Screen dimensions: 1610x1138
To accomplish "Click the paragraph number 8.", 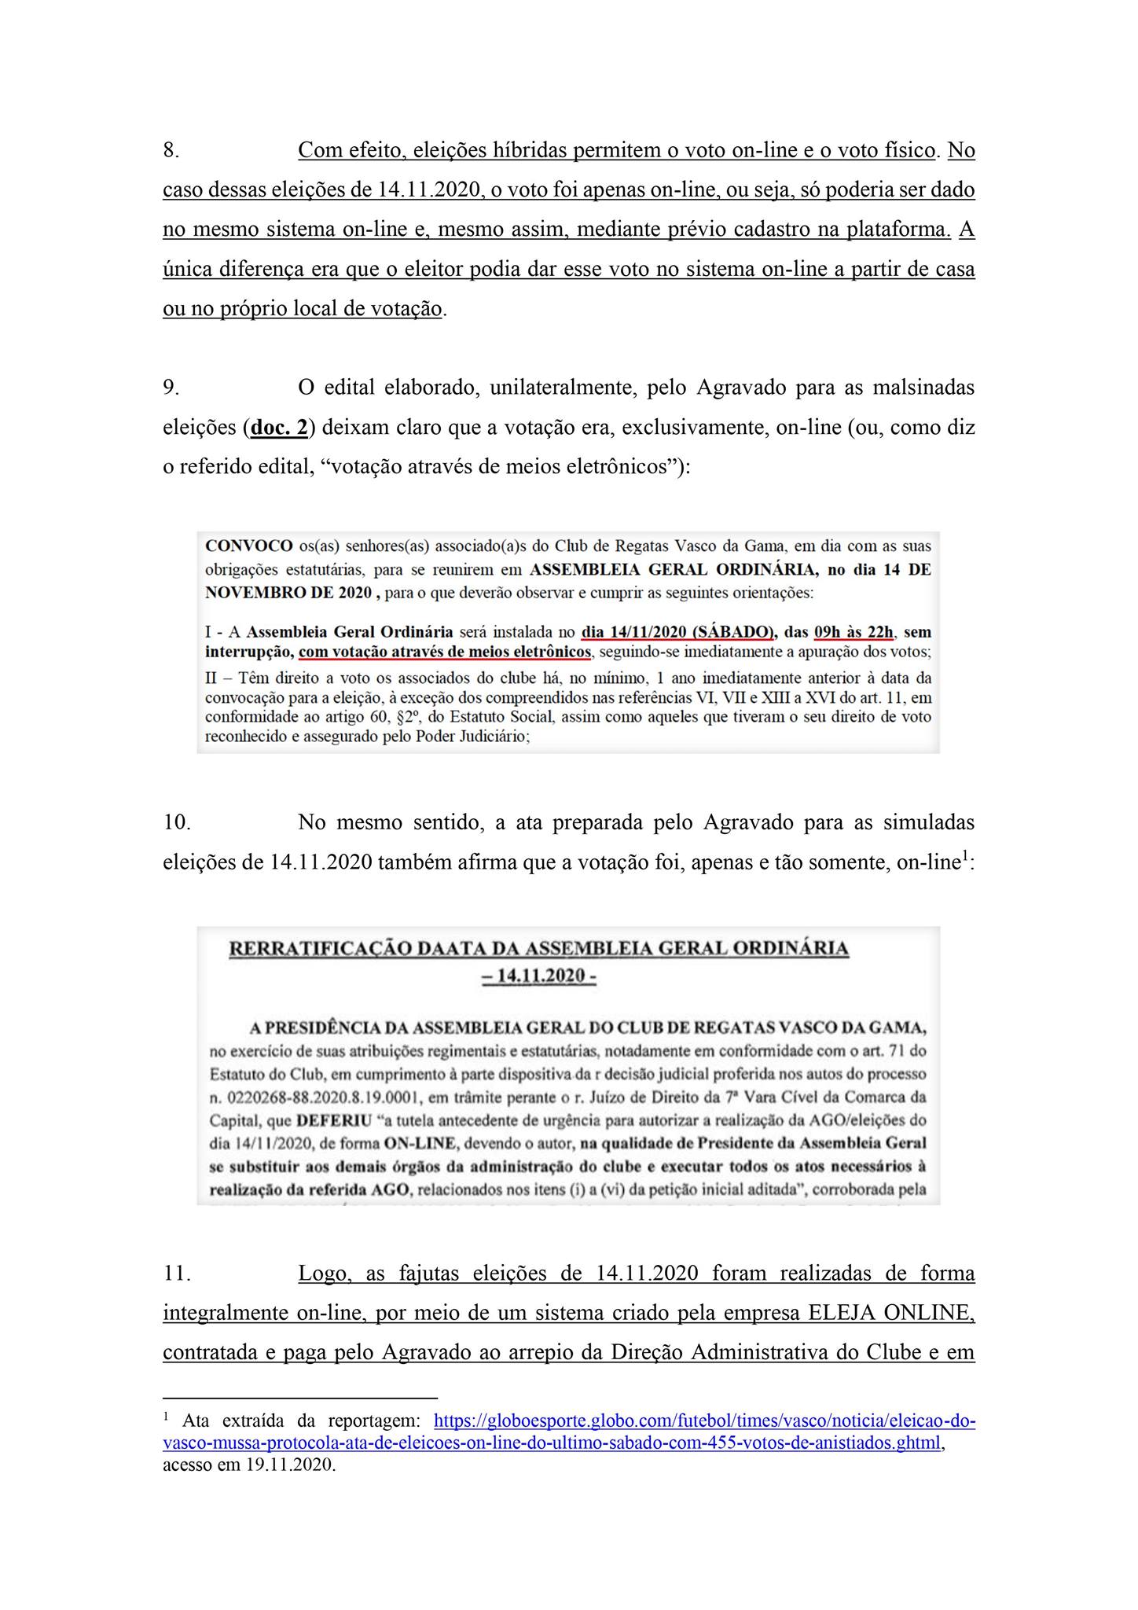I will click(171, 150).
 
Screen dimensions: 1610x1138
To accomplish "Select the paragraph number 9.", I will click(171, 388).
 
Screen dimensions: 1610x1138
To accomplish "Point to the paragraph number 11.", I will click(176, 1274).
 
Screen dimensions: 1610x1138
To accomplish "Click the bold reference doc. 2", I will click(279, 428).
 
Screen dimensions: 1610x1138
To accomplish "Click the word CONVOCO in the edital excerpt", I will click(248, 546).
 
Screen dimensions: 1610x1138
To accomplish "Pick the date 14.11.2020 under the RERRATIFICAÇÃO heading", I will click(541, 976).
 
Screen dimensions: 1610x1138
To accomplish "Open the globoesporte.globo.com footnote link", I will click(704, 1421).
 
